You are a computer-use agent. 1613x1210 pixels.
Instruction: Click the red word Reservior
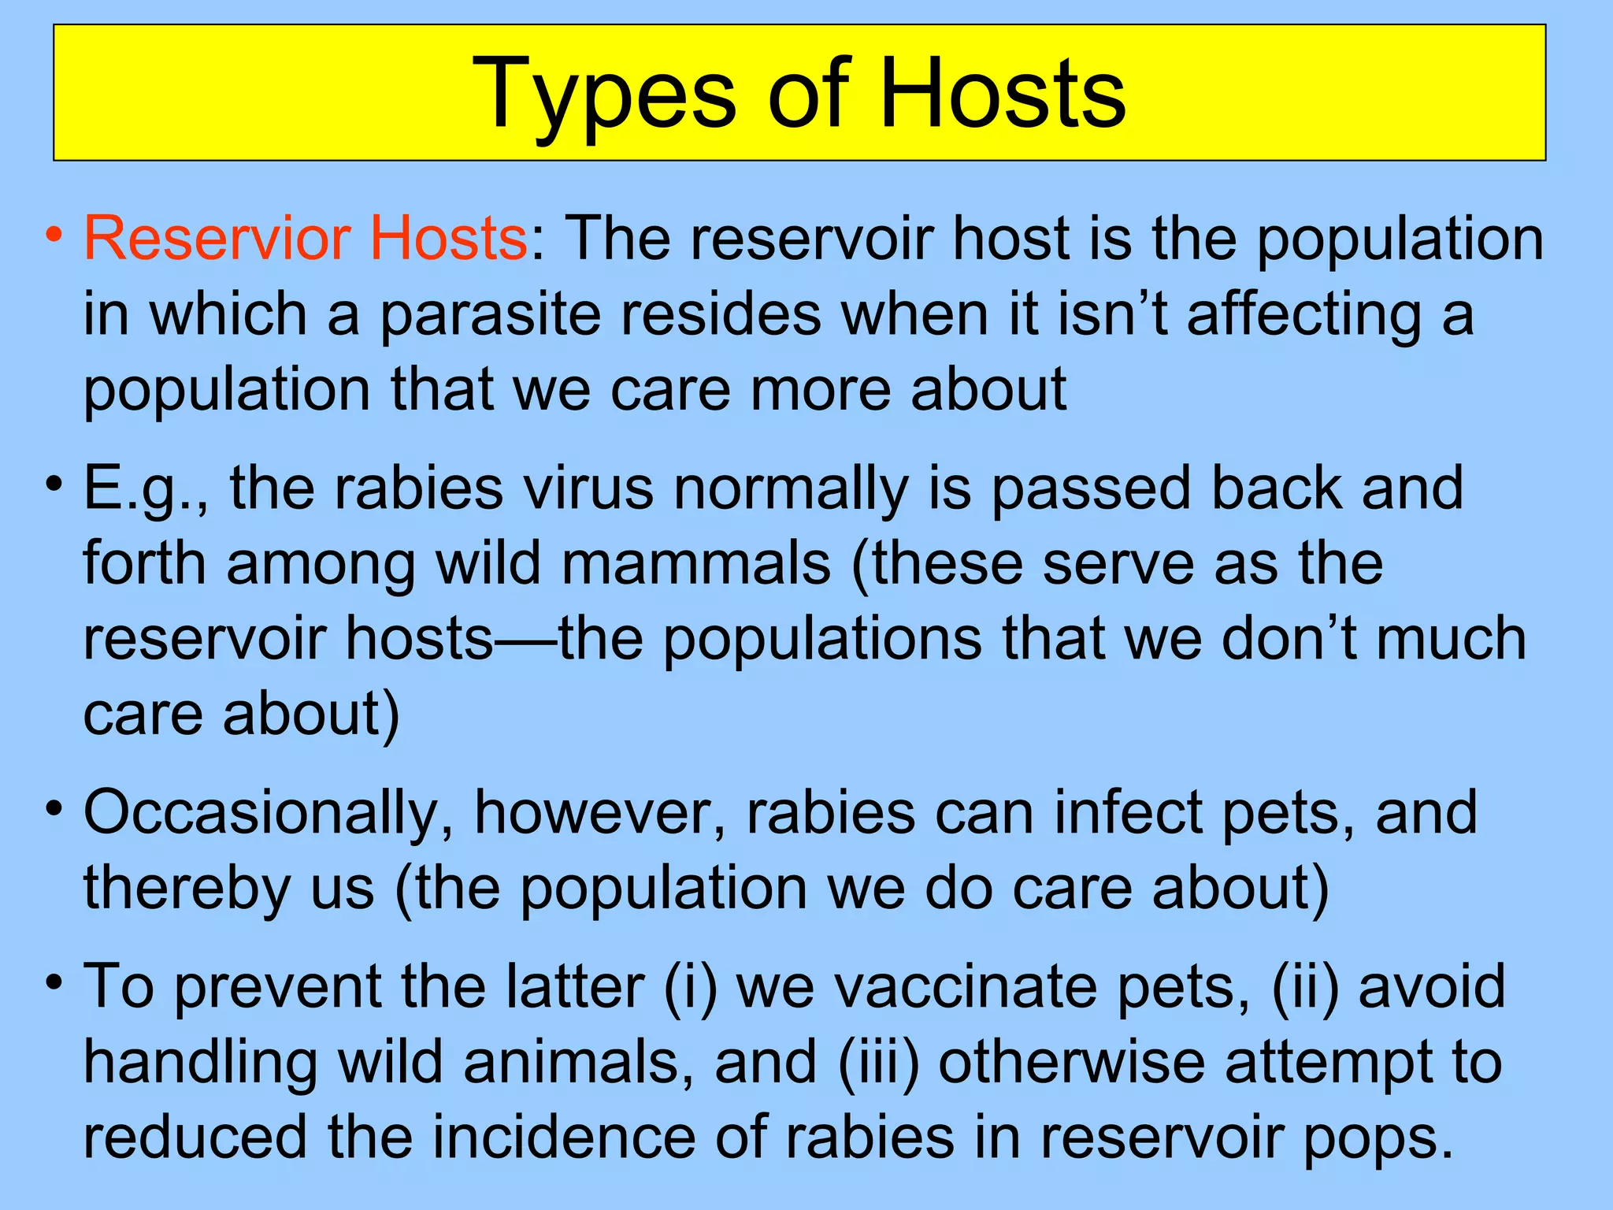[x=217, y=238]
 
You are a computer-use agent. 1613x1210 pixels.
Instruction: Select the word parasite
[x=490, y=314]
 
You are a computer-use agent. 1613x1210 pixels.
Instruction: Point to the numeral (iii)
[x=878, y=1062]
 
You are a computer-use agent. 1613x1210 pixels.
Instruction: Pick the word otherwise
[x=1071, y=1062]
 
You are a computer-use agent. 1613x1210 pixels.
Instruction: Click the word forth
[x=144, y=562]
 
